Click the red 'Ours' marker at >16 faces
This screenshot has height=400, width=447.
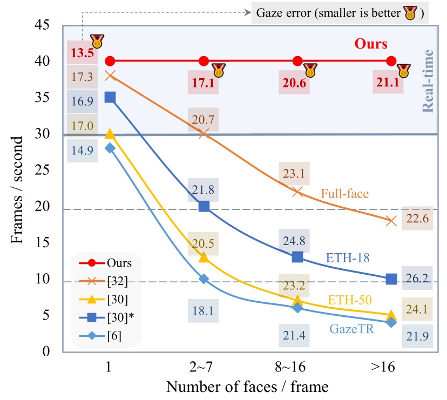pos(391,61)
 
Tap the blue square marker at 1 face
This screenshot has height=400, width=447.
pos(110,97)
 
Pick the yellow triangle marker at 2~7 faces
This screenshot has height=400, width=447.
pos(204,257)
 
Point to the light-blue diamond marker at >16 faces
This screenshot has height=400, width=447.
pos(391,322)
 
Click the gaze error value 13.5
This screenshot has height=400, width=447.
pos(82,53)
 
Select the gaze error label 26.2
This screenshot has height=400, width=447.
pos(417,280)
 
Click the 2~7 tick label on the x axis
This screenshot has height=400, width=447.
pos(204,368)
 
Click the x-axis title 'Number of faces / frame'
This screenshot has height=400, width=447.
pos(247,387)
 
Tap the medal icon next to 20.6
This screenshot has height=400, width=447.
pos(310,70)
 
